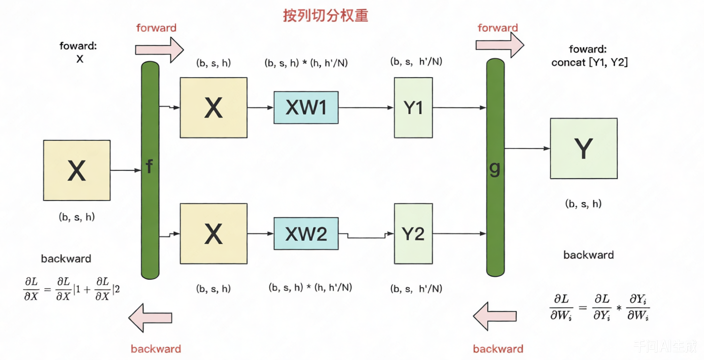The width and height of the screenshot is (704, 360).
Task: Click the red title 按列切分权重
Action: coord(326,16)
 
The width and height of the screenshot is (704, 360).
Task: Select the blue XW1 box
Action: coord(306,108)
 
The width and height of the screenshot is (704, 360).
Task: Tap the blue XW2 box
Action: coord(306,234)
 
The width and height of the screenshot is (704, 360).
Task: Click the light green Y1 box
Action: coord(413,108)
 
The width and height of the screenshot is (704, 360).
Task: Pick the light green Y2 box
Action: coord(413,234)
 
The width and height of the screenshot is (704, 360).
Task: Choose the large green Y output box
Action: coord(583,148)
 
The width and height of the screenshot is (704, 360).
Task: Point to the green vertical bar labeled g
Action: coord(495,167)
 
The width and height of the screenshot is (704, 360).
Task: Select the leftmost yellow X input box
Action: coord(77,170)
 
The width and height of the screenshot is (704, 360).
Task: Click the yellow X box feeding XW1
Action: coord(213,108)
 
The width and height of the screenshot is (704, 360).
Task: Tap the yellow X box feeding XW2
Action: coord(213,234)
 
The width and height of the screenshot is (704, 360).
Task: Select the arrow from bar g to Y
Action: coord(527,148)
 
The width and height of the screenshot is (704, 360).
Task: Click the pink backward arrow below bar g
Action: coord(495,316)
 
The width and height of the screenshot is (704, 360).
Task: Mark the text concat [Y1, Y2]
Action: coord(590,63)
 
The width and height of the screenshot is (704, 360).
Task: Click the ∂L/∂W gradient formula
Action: coord(600,307)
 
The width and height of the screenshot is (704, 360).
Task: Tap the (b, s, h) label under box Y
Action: coord(583,204)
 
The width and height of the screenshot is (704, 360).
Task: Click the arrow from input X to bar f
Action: coord(126,170)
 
